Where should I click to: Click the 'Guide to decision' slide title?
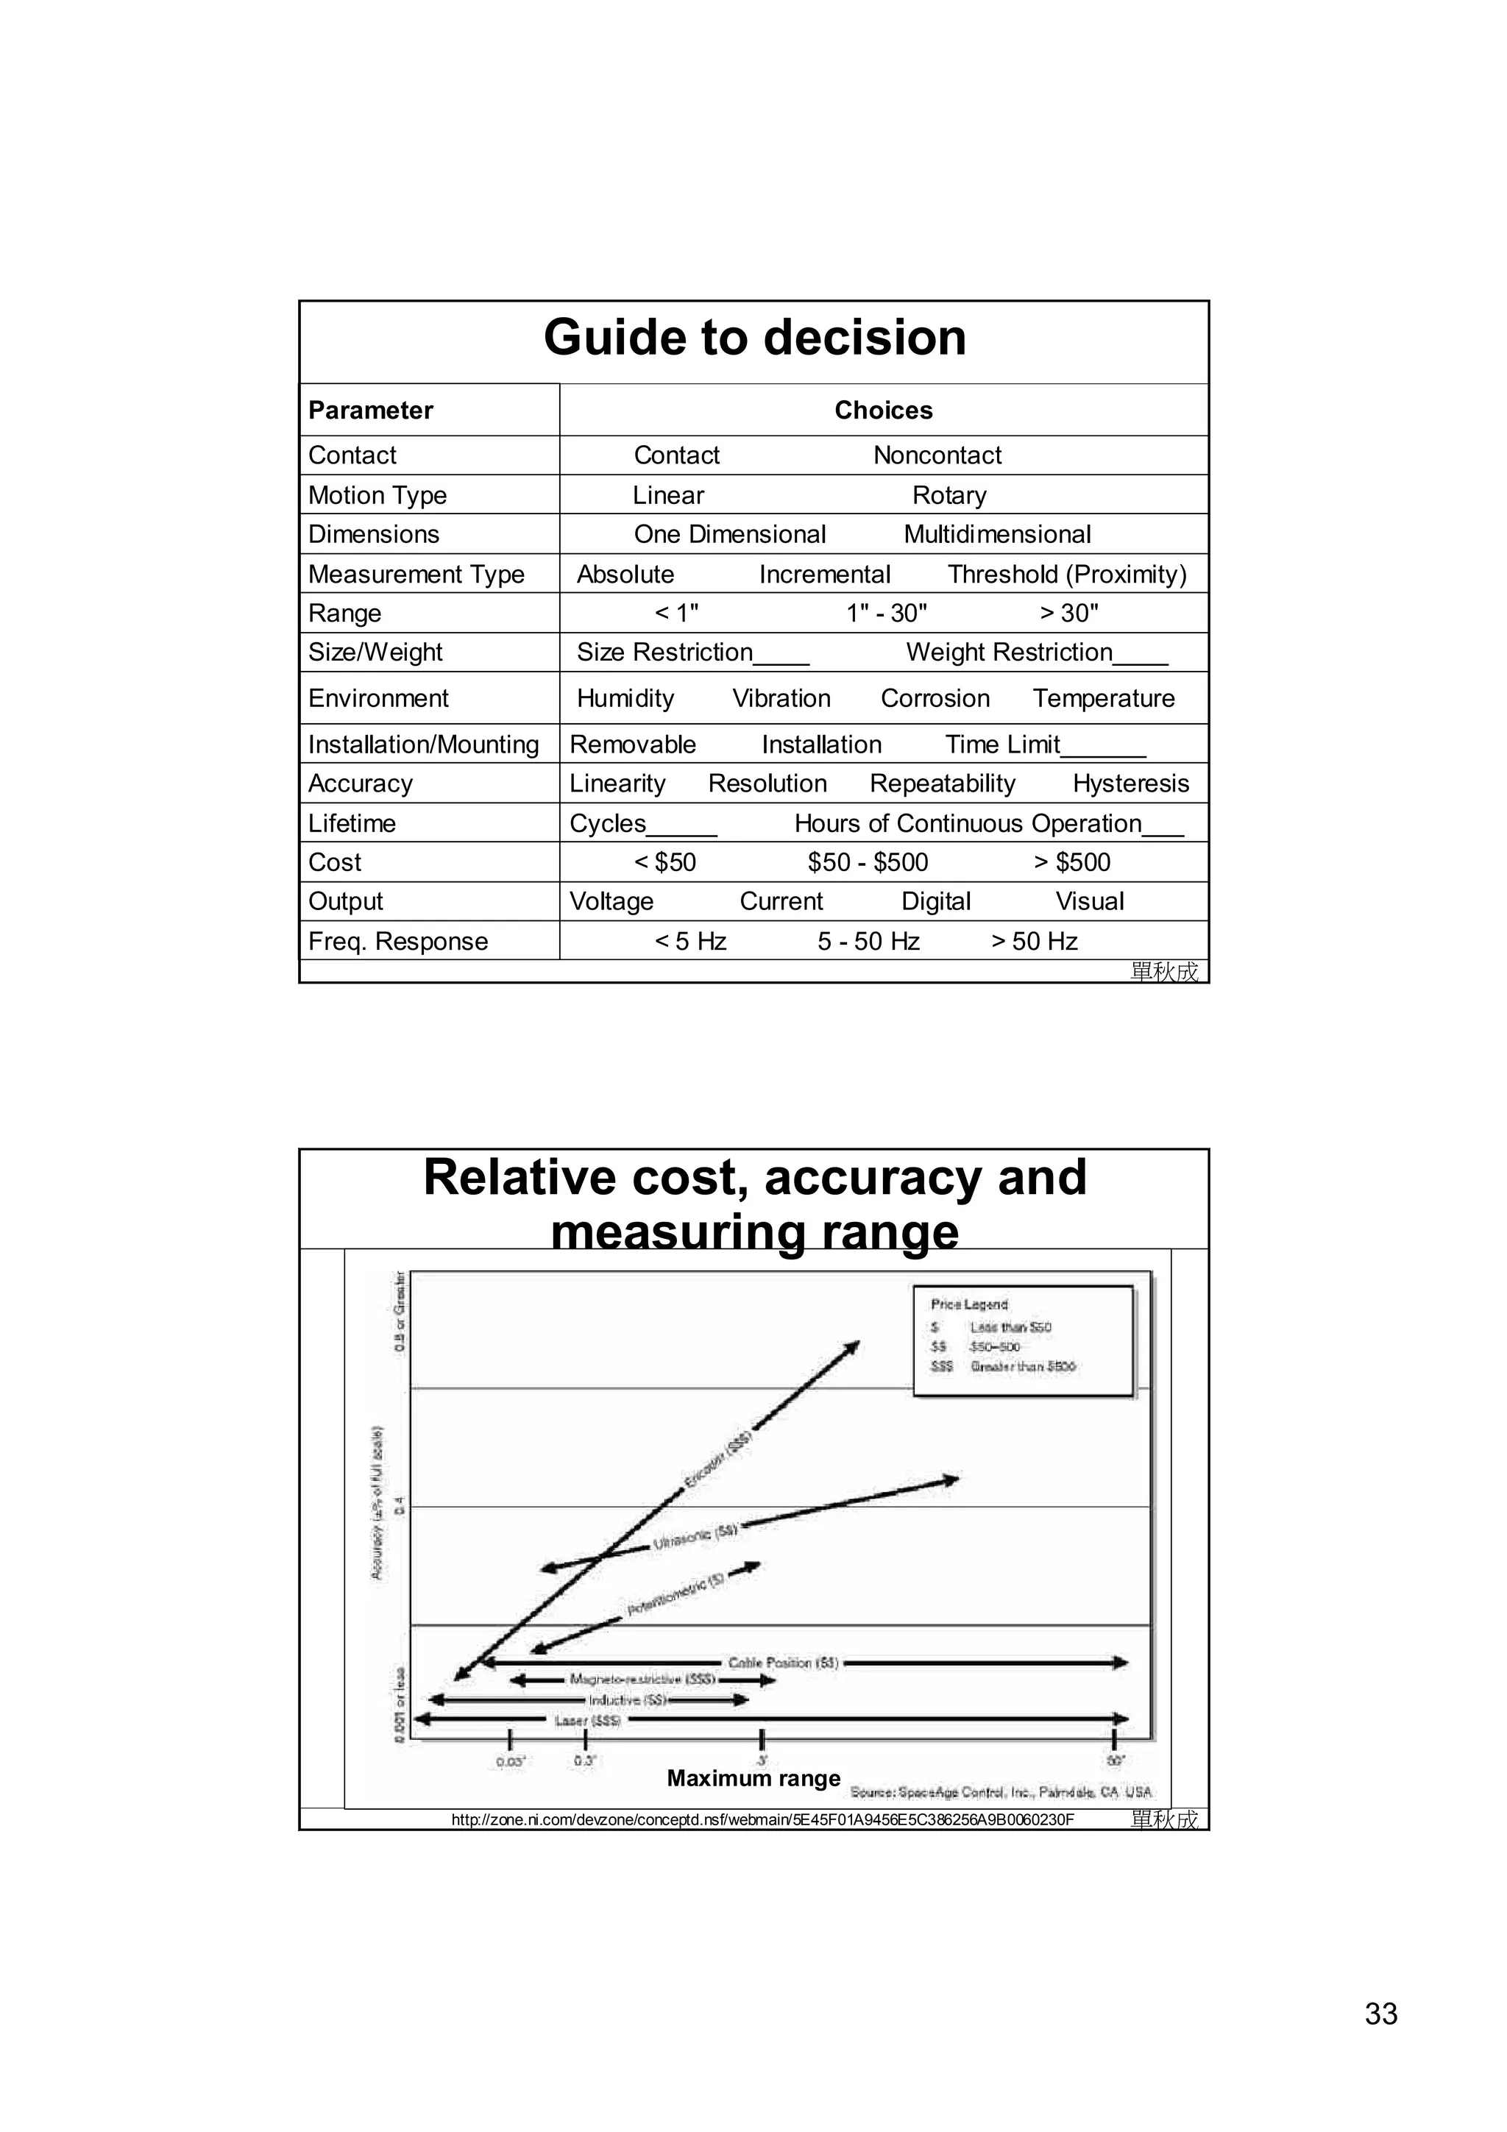[x=754, y=337]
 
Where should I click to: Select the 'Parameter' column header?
[x=370, y=411]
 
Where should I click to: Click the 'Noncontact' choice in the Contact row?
[x=937, y=455]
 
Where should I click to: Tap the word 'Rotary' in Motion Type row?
[x=949, y=495]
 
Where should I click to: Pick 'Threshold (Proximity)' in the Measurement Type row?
[x=1067, y=574]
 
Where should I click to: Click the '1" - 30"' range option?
[x=887, y=613]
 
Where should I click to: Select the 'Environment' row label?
[x=378, y=698]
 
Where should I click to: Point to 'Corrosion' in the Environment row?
[x=935, y=698]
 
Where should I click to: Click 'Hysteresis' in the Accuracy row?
[x=1130, y=783]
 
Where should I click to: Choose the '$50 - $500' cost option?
[x=868, y=863]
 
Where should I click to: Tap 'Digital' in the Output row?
[x=936, y=902]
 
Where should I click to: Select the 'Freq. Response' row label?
[x=397, y=942]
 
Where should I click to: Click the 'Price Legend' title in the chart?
[x=968, y=1304]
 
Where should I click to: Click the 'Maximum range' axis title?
[x=753, y=1778]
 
